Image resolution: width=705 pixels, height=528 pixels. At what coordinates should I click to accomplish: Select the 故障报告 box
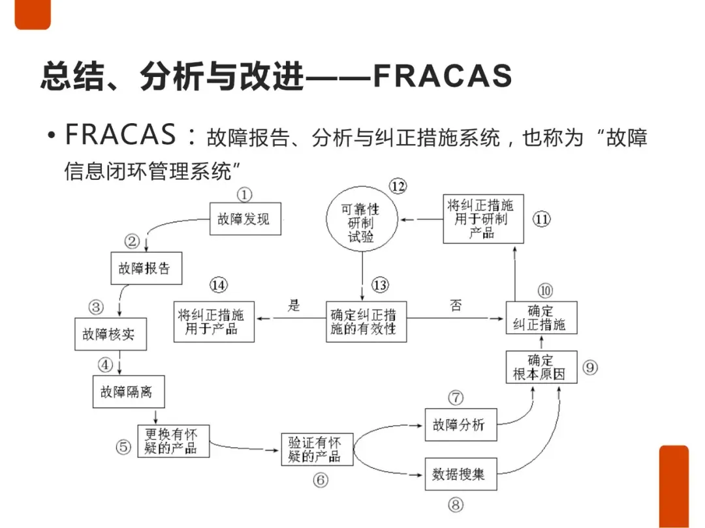tap(144, 268)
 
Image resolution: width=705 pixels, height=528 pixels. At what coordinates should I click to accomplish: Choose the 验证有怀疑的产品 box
tap(317, 449)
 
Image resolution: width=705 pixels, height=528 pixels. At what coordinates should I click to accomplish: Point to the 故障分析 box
tap(460, 425)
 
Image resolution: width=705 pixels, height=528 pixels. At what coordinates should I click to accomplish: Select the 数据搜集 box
tap(460, 474)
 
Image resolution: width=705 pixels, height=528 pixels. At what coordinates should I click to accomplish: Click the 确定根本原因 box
tap(541, 367)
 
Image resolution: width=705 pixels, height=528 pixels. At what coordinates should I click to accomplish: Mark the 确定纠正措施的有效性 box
tap(366, 321)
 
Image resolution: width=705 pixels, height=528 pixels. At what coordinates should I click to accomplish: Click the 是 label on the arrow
tap(294, 305)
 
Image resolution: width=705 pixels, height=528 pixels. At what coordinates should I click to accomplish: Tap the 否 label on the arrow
tap(456, 305)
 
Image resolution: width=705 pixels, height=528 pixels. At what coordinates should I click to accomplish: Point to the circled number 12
tap(398, 186)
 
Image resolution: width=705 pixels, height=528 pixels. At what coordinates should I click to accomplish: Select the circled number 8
tap(456, 505)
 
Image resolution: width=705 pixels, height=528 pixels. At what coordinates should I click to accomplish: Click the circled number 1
tap(244, 194)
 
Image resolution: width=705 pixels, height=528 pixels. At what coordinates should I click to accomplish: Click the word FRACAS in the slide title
tap(443, 77)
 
